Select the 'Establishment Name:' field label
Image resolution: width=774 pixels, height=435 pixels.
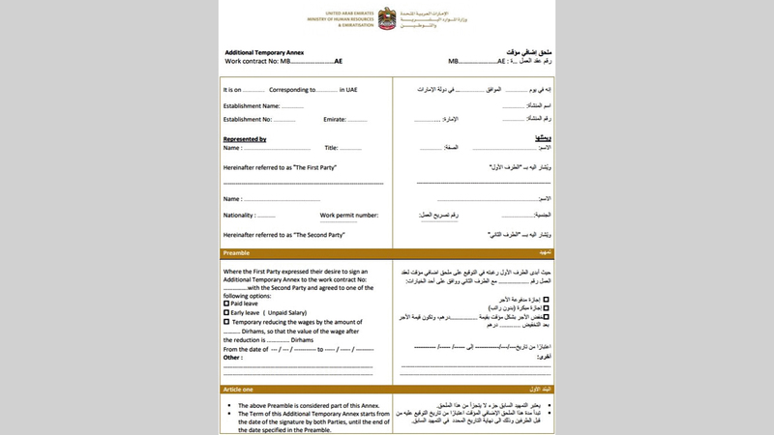(x=252, y=105)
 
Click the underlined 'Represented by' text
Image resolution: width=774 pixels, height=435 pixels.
(x=245, y=139)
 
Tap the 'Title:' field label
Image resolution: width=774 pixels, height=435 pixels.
(x=331, y=148)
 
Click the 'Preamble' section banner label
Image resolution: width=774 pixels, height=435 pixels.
(x=238, y=254)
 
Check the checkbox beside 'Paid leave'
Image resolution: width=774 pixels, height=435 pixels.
(x=226, y=304)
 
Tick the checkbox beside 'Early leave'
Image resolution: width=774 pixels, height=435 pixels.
(x=226, y=313)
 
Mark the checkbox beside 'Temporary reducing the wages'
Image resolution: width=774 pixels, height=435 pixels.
(x=226, y=322)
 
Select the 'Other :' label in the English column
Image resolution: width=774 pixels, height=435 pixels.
(x=233, y=357)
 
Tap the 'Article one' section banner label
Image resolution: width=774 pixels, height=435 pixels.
(x=240, y=390)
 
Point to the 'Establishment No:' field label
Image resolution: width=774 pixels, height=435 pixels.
(x=249, y=119)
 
